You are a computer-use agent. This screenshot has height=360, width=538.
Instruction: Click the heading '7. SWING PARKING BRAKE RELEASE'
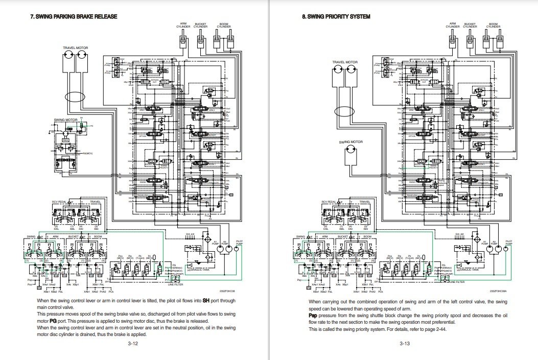tap(75, 16)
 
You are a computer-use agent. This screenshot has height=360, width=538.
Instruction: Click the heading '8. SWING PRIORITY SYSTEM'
tap(336, 16)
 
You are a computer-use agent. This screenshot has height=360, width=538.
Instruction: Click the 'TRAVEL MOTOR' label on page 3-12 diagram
tap(75, 47)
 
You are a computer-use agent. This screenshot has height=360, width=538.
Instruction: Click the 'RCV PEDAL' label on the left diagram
tap(60, 202)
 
